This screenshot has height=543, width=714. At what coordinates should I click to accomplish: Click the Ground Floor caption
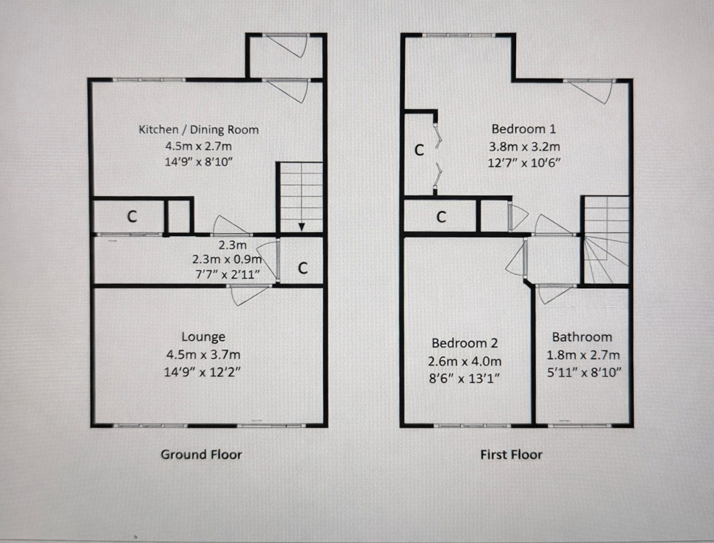coord(202,454)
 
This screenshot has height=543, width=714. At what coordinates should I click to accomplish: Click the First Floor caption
coord(511,454)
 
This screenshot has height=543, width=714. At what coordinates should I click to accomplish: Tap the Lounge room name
coord(203,336)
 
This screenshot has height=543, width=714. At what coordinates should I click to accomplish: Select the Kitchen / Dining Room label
coord(199,129)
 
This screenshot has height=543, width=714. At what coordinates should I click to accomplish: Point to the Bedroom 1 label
coord(524,129)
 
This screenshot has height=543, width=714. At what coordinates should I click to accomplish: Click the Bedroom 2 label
coord(464,343)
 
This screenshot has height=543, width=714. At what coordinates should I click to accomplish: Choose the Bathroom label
coord(582,336)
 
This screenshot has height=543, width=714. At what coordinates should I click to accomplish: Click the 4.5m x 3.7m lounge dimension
coord(203,354)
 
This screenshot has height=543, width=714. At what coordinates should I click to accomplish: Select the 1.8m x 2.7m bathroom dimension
coord(582,354)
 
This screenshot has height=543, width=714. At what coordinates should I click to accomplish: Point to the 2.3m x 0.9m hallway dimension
coord(227,259)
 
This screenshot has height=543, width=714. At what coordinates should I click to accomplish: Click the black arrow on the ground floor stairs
coord(301,226)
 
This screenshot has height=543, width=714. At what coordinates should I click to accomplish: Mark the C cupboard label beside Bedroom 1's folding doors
coord(420,149)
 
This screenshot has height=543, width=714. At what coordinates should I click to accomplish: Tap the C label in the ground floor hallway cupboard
coord(303,267)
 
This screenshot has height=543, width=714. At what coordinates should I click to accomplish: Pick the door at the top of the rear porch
coord(288,44)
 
